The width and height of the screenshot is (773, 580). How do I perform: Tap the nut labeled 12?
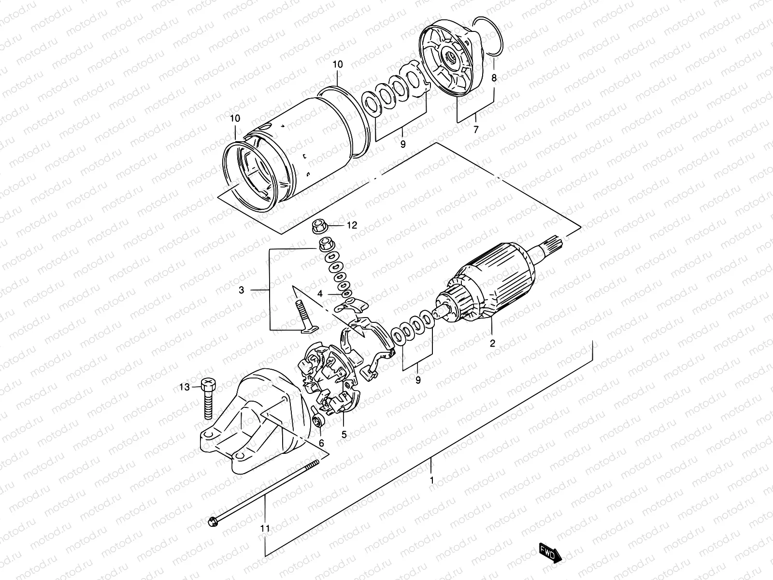320,225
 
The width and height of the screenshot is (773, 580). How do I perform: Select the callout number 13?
185,387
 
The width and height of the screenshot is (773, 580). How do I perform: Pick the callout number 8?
494,77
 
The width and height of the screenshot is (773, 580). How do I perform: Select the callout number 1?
431,481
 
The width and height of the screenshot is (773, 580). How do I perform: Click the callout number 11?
265,528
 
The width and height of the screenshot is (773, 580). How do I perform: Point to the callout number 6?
321,443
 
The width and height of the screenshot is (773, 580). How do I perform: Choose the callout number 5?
344,435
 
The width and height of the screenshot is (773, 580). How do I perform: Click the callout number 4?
320,294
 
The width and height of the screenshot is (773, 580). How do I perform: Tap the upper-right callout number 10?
337,64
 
